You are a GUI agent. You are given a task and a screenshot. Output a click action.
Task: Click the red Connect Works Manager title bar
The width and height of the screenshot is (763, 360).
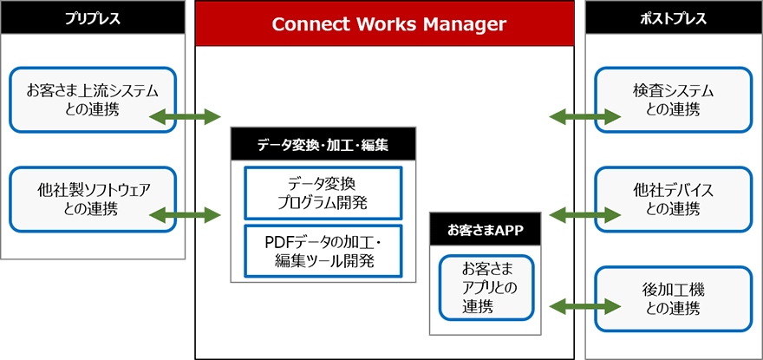point(385,23)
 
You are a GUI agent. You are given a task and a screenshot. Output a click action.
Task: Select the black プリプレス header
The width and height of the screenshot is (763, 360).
point(93,17)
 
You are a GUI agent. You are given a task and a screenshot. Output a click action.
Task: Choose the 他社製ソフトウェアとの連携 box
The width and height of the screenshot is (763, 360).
point(93,199)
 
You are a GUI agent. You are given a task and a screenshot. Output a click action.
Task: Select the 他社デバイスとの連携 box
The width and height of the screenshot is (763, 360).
point(673,199)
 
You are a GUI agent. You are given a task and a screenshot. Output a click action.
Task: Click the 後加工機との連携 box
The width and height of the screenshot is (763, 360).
point(673,298)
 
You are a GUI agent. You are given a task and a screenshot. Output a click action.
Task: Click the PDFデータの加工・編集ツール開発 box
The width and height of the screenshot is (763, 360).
point(323,251)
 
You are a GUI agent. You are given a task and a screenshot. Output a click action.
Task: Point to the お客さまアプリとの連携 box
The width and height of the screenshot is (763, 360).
point(486,286)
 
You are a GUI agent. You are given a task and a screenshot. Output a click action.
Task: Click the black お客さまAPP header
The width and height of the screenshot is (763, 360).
point(486,230)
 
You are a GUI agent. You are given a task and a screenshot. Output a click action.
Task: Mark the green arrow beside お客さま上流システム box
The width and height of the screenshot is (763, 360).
point(186,115)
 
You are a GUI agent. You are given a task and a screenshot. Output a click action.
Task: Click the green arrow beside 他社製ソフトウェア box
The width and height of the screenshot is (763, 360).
point(186,214)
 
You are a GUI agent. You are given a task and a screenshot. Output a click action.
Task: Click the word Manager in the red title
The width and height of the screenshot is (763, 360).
point(459,23)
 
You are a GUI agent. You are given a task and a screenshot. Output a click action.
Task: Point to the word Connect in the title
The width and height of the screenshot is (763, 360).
point(309,23)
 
